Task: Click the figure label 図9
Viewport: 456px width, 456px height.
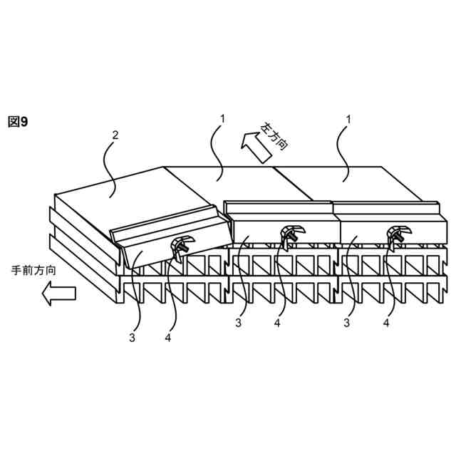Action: click(x=18, y=122)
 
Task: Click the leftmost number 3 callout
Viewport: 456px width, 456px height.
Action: click(x=132, y=338)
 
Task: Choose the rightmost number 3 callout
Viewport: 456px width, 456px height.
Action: click(x=348, y=323)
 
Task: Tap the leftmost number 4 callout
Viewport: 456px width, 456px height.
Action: click(x=167, y=338)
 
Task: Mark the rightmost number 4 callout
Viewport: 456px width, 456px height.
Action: click(x=386, y=323)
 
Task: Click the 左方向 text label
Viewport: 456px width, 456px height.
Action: click(x=274, y=136)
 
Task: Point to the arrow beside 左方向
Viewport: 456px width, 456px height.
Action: click(x=251, y=146)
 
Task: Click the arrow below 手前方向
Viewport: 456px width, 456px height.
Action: click(x=57, y=293)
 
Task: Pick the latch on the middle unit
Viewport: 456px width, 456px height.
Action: click(x=290, y=234)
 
